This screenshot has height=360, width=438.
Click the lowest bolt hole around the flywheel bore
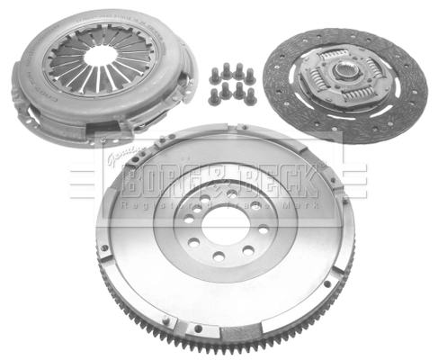(219, 256)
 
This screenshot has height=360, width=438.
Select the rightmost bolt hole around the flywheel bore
(263, 229)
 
